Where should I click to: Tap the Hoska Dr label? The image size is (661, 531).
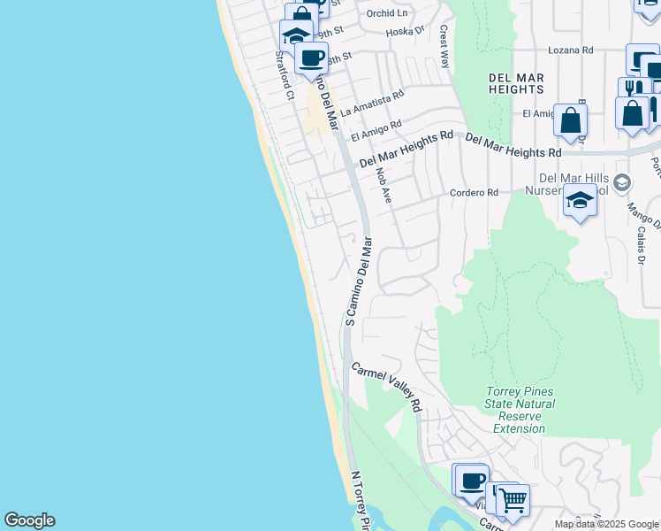click(406, 32)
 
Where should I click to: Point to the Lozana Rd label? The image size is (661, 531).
click(569, 50)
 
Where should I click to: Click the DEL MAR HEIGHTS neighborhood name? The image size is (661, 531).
click(515, 83)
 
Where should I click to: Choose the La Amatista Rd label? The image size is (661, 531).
click(372, 103)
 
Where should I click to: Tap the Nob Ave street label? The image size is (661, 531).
click(383, 186)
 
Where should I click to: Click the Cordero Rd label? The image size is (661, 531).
click(475, 192)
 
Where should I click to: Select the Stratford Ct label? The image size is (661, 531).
click(284, 74)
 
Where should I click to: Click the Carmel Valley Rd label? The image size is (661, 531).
click(387, 387)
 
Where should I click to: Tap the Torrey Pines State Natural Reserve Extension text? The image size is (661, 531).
click(520, 411)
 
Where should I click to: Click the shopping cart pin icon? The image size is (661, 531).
click(513, 500)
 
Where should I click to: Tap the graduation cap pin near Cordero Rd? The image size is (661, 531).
click(580, 201)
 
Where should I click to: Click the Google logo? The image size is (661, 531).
click(29, 520)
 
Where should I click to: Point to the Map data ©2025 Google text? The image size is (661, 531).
click(607, 524)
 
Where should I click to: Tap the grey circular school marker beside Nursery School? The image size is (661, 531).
click(621, 183)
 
